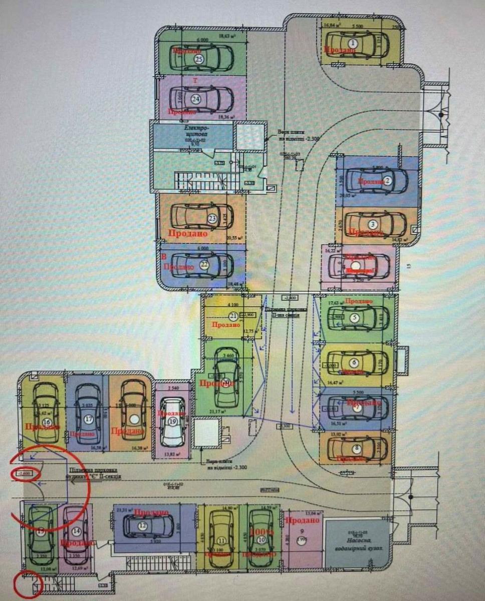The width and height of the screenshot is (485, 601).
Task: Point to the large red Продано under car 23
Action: point(188,233)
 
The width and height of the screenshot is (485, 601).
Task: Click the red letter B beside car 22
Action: point(163,257)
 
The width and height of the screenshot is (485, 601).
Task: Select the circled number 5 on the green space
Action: point(354,317)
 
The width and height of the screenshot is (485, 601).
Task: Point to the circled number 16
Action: point(47,422)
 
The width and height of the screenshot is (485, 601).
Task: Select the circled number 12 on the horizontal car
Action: point(143,525)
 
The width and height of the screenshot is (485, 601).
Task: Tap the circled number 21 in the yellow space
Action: point(233,316)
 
